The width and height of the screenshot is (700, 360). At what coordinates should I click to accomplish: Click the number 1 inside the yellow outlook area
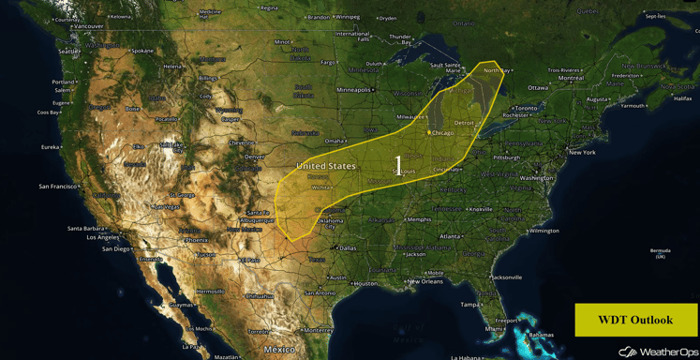[398, 166]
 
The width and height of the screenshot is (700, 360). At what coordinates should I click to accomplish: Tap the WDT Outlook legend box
[635, 320]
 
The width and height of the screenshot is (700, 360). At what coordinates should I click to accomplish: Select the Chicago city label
[441, 133]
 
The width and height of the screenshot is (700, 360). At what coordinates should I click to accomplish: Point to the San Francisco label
[58, 187]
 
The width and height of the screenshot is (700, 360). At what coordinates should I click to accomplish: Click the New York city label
[582, 152]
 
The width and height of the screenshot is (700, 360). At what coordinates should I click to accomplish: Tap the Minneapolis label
[354, 90]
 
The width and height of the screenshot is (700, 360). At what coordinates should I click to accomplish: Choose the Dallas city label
[347, 248]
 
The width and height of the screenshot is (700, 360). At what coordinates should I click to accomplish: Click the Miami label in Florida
[493, 329]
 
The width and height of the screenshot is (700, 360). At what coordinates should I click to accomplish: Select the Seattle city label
[68, 52]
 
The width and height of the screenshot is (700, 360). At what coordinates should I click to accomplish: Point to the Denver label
[254, 157]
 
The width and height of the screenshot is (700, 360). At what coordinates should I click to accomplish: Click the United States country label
[326, 166]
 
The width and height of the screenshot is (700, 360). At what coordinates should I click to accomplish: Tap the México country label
[278, 349]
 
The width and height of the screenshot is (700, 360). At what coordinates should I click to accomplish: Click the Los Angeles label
[102, 237]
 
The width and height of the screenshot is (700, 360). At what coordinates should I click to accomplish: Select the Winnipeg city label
[348, 17]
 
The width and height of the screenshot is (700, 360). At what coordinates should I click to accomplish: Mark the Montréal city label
[571, 78]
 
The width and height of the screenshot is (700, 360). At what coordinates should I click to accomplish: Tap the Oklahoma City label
[330, 225]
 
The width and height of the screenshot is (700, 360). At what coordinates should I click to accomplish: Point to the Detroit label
[464, 123]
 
